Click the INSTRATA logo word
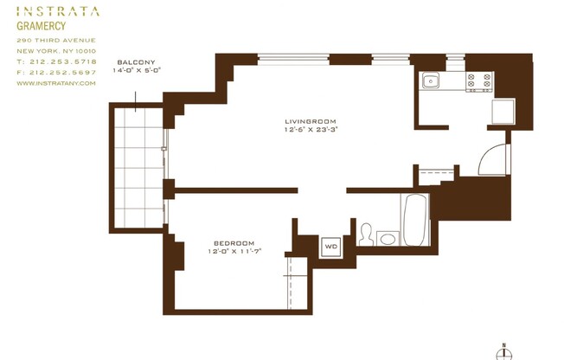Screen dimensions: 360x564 (x=58, y=12)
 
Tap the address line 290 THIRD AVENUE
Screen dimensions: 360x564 (x=55, y=40)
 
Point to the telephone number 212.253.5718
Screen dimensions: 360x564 (x=64, y=61)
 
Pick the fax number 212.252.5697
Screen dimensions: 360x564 (x=64, y=72)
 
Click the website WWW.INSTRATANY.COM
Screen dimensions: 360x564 (x=55, y=83)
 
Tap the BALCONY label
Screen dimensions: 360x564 (x=136, y=62)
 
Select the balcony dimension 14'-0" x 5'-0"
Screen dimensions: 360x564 (x=137, y=71)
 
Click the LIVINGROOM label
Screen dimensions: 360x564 (x=310, y=121)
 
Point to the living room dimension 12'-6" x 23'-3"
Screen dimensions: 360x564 (x=310, y=130)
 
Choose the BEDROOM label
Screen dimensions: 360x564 (x=234, y=242)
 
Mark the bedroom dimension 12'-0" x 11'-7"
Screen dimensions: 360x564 (x=234, y=252)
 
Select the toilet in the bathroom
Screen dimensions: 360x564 (x=366, y=235)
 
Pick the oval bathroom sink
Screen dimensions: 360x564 (x=387, y=239)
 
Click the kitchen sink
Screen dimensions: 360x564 (x=430, y=81)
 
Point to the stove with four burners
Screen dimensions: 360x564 (x=479, y=82)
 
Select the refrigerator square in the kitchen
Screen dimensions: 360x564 (x=503, y=112)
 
